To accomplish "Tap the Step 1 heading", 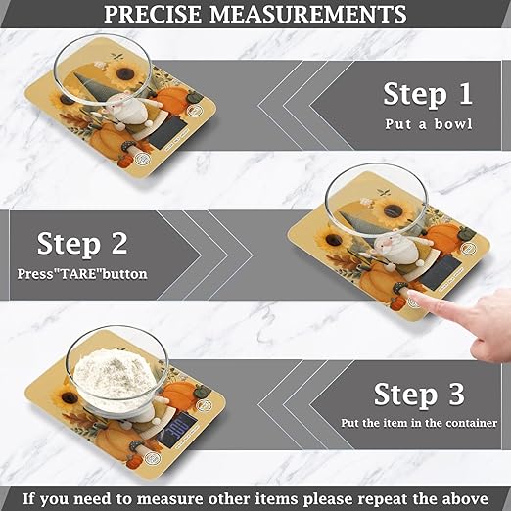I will click(x=427, y=94).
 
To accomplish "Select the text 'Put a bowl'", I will click(x=427, y=124).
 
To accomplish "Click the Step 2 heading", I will click(x=81, y=243).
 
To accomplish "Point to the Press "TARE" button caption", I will click(x=82, y=273).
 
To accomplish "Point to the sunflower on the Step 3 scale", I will click(x=70, y=399).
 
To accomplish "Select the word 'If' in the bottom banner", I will click(x=32, y=496).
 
